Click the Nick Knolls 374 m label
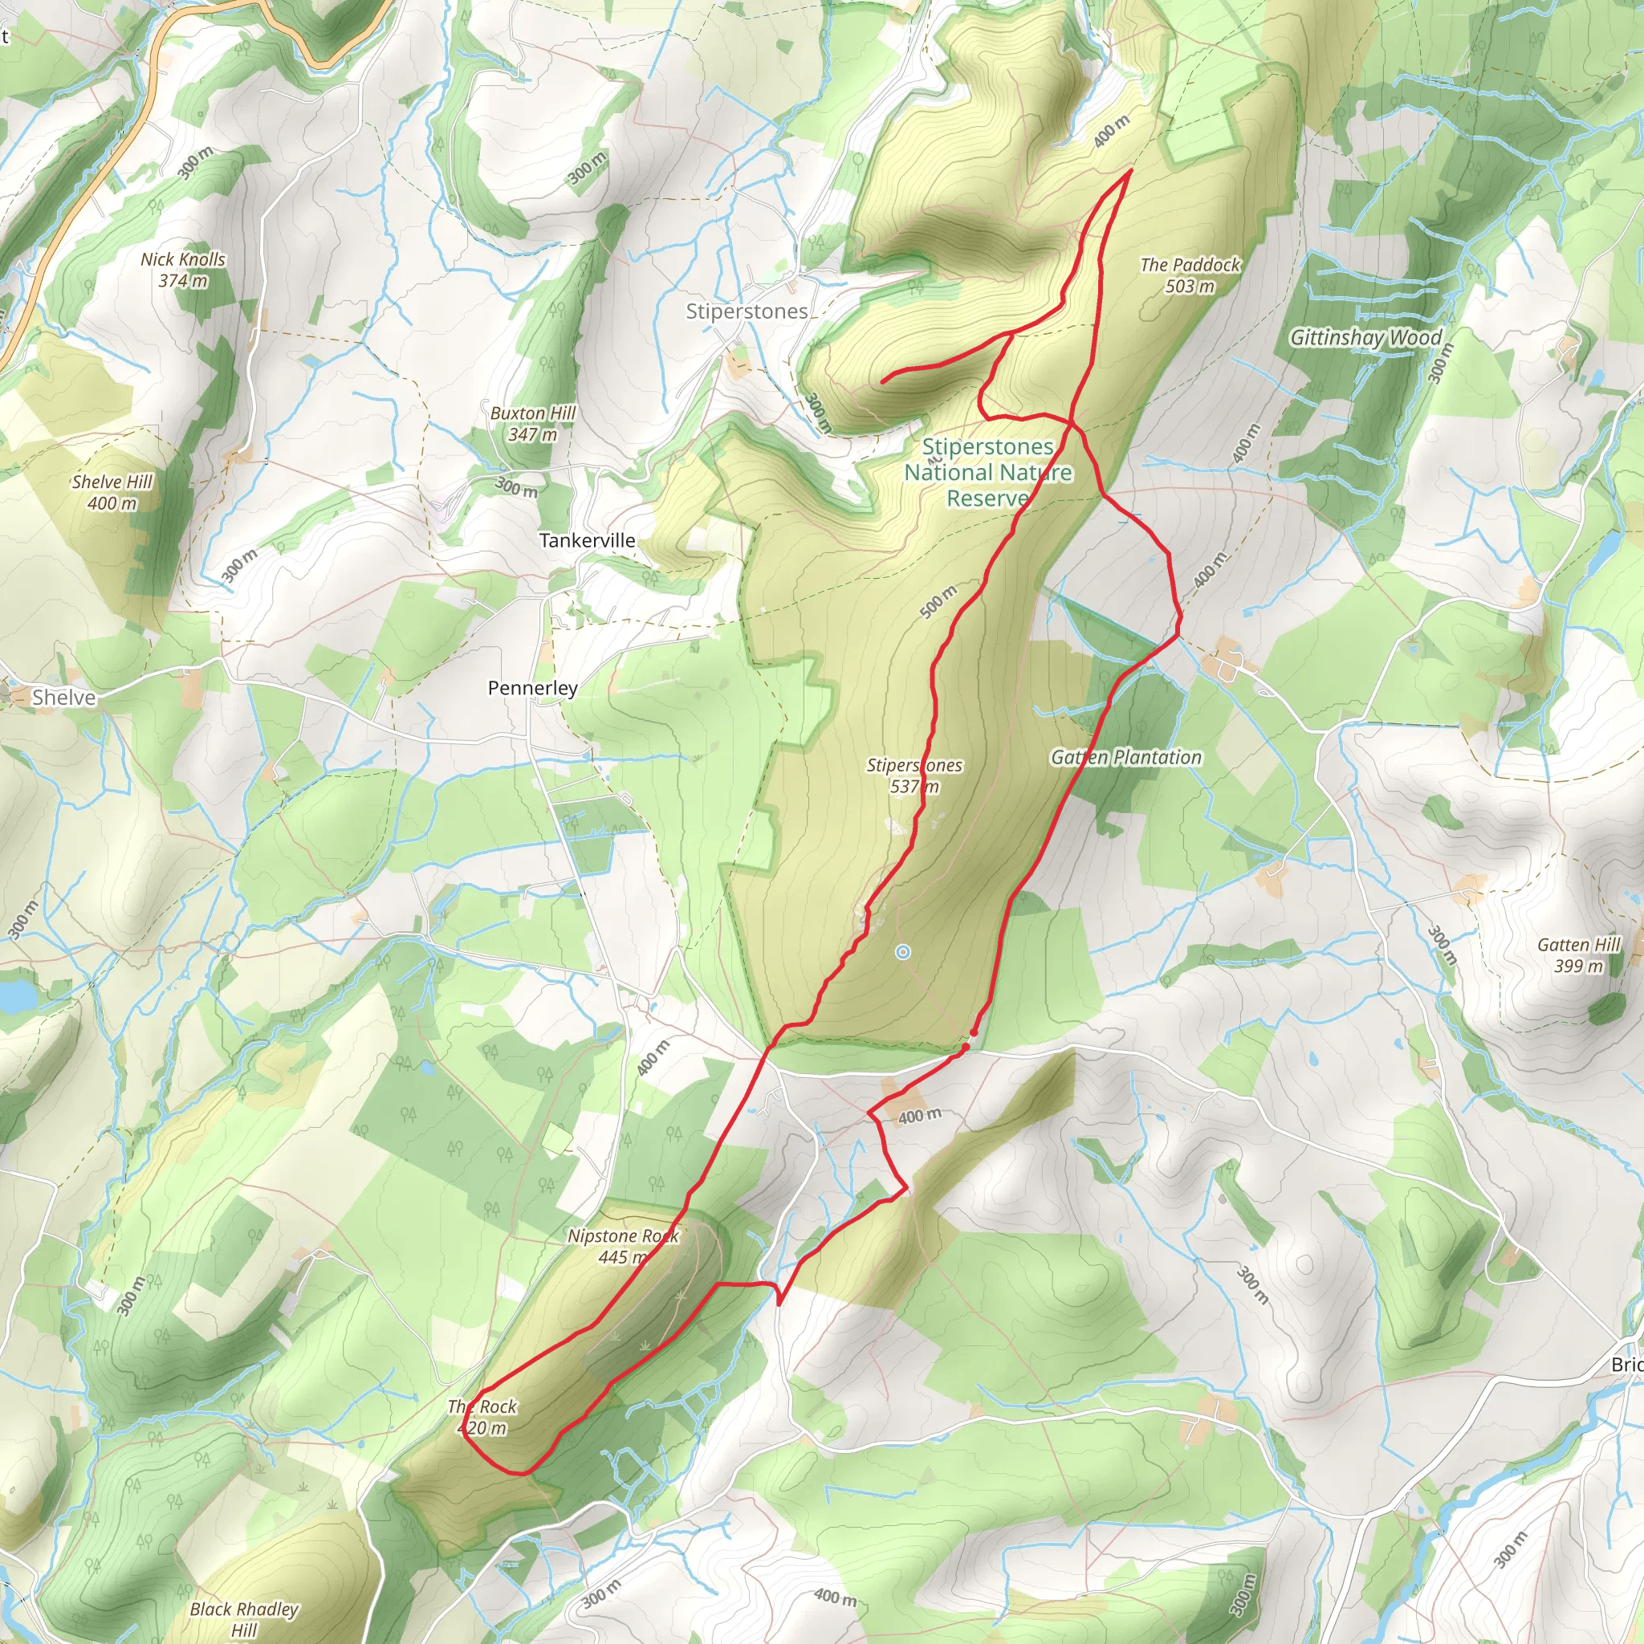(183, 270)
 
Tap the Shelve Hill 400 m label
(112, 492)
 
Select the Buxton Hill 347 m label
(533, 423)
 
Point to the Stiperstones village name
(747, 311)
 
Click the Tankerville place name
(587, 540)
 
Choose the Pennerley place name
(533, 688)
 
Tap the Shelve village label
(63, 698)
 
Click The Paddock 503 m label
(1190, 275)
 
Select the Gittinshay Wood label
(1365, 338)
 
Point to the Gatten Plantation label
(1125, 757)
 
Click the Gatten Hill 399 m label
(1578, 954)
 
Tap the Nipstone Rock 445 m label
(623, 1246)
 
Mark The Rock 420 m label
(482, 1417)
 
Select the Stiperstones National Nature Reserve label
(988, 472)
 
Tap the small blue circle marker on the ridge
(903, 952)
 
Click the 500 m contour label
(938, 600)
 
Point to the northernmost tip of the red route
(1129, 171)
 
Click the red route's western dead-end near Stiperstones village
(883, 381)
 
